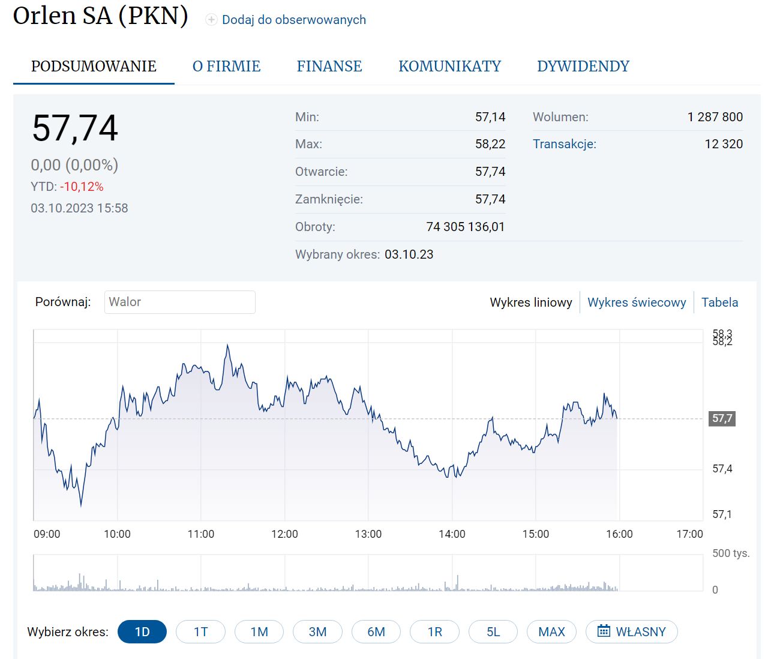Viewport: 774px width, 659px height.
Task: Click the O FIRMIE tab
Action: coord(226,66)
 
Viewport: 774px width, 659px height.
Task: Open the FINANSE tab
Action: coord(329,66)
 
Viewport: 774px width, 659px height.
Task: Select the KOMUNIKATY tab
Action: coord(449,66)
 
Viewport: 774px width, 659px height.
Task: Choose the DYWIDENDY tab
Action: coord(583,66)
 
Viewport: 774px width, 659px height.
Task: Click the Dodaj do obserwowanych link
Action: coord(293,20)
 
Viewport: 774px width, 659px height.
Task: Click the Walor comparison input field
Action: coord(179,302)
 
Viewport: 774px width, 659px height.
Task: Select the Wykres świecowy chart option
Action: coord(636,302)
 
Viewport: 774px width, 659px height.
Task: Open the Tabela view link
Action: coord(719,302)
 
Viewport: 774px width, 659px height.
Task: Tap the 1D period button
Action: coord(142,631)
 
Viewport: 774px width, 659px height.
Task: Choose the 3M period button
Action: coord(317,631)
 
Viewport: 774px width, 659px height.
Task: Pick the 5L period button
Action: coord(493,631)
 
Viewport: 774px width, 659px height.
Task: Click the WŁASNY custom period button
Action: coord(632,631)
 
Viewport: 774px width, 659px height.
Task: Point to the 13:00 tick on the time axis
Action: coord(368,534)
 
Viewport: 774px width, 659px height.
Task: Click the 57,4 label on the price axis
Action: coord(722,469)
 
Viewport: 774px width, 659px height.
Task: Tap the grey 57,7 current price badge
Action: coord(722,418)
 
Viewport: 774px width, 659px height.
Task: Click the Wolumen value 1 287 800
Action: coord(715,117)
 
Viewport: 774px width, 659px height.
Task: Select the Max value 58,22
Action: coord(490,144)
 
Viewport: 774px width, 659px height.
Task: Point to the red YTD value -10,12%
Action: coord(82,187)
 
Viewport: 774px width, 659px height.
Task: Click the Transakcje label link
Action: coord(564,144)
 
